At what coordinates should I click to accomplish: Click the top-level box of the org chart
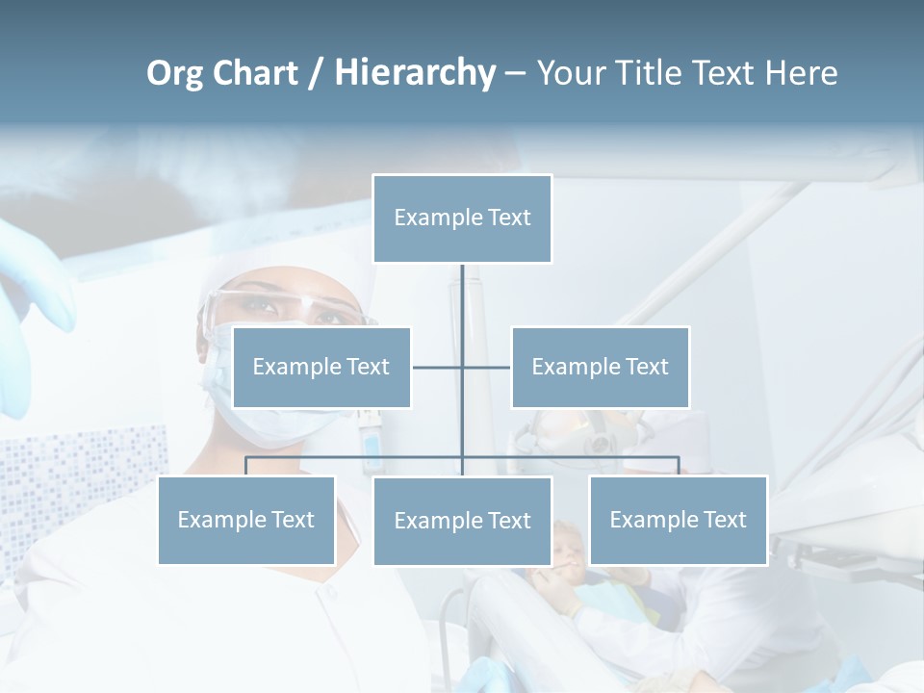pos(462,218)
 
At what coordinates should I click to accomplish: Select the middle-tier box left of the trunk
pos(321,367)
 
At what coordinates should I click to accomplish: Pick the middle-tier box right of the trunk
pos(600,367)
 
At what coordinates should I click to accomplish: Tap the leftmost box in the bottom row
pos(246,520)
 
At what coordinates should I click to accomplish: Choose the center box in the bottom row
pos(462,521)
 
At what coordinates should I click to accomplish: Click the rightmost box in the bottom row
pos(678,520)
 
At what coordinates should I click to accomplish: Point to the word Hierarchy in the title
pos(415,73)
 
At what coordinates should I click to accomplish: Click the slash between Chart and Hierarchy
pos(315,73)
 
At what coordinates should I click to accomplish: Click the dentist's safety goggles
pos(289,306)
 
